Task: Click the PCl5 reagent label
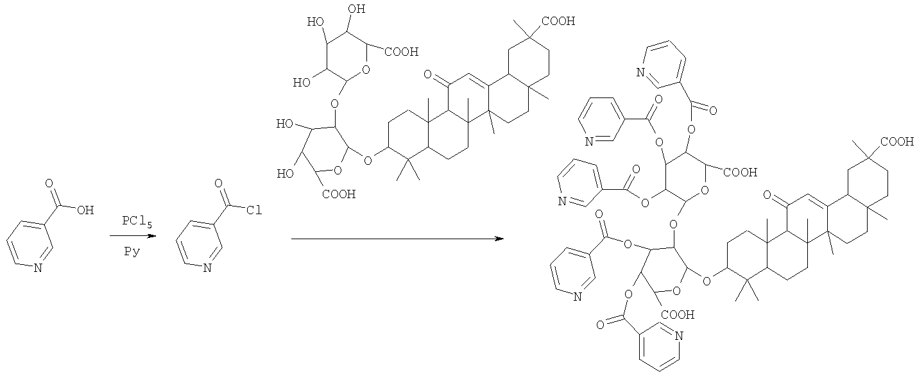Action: (137, 222)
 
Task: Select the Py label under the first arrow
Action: (132, 251)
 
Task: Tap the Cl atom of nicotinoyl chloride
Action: (254, 210)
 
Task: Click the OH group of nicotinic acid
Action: (85, 210)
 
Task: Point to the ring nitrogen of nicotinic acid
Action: (38, 268)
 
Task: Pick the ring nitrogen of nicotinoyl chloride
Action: (207, 268)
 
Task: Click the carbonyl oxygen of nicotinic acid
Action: (49, 183)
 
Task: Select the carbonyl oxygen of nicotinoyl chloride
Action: (219, 183)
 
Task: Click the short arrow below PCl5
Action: (133, 236)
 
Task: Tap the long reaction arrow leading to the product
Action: (397, 239)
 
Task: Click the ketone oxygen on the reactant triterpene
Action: (428, 74)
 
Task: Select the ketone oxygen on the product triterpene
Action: (767, 195)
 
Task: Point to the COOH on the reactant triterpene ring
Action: (558, 21)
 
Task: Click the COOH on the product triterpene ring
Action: (897, 142)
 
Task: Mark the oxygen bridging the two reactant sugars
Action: (334, 103)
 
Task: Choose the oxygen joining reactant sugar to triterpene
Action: (368, 160)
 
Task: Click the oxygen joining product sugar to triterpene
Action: (707, 281)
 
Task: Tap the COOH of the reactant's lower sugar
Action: (339, 194)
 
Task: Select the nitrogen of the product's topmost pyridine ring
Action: (641, 73)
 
